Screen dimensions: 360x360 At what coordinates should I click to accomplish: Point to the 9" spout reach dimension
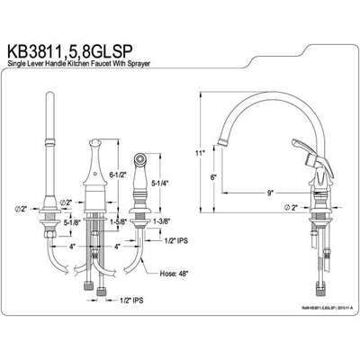pos(269,191)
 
